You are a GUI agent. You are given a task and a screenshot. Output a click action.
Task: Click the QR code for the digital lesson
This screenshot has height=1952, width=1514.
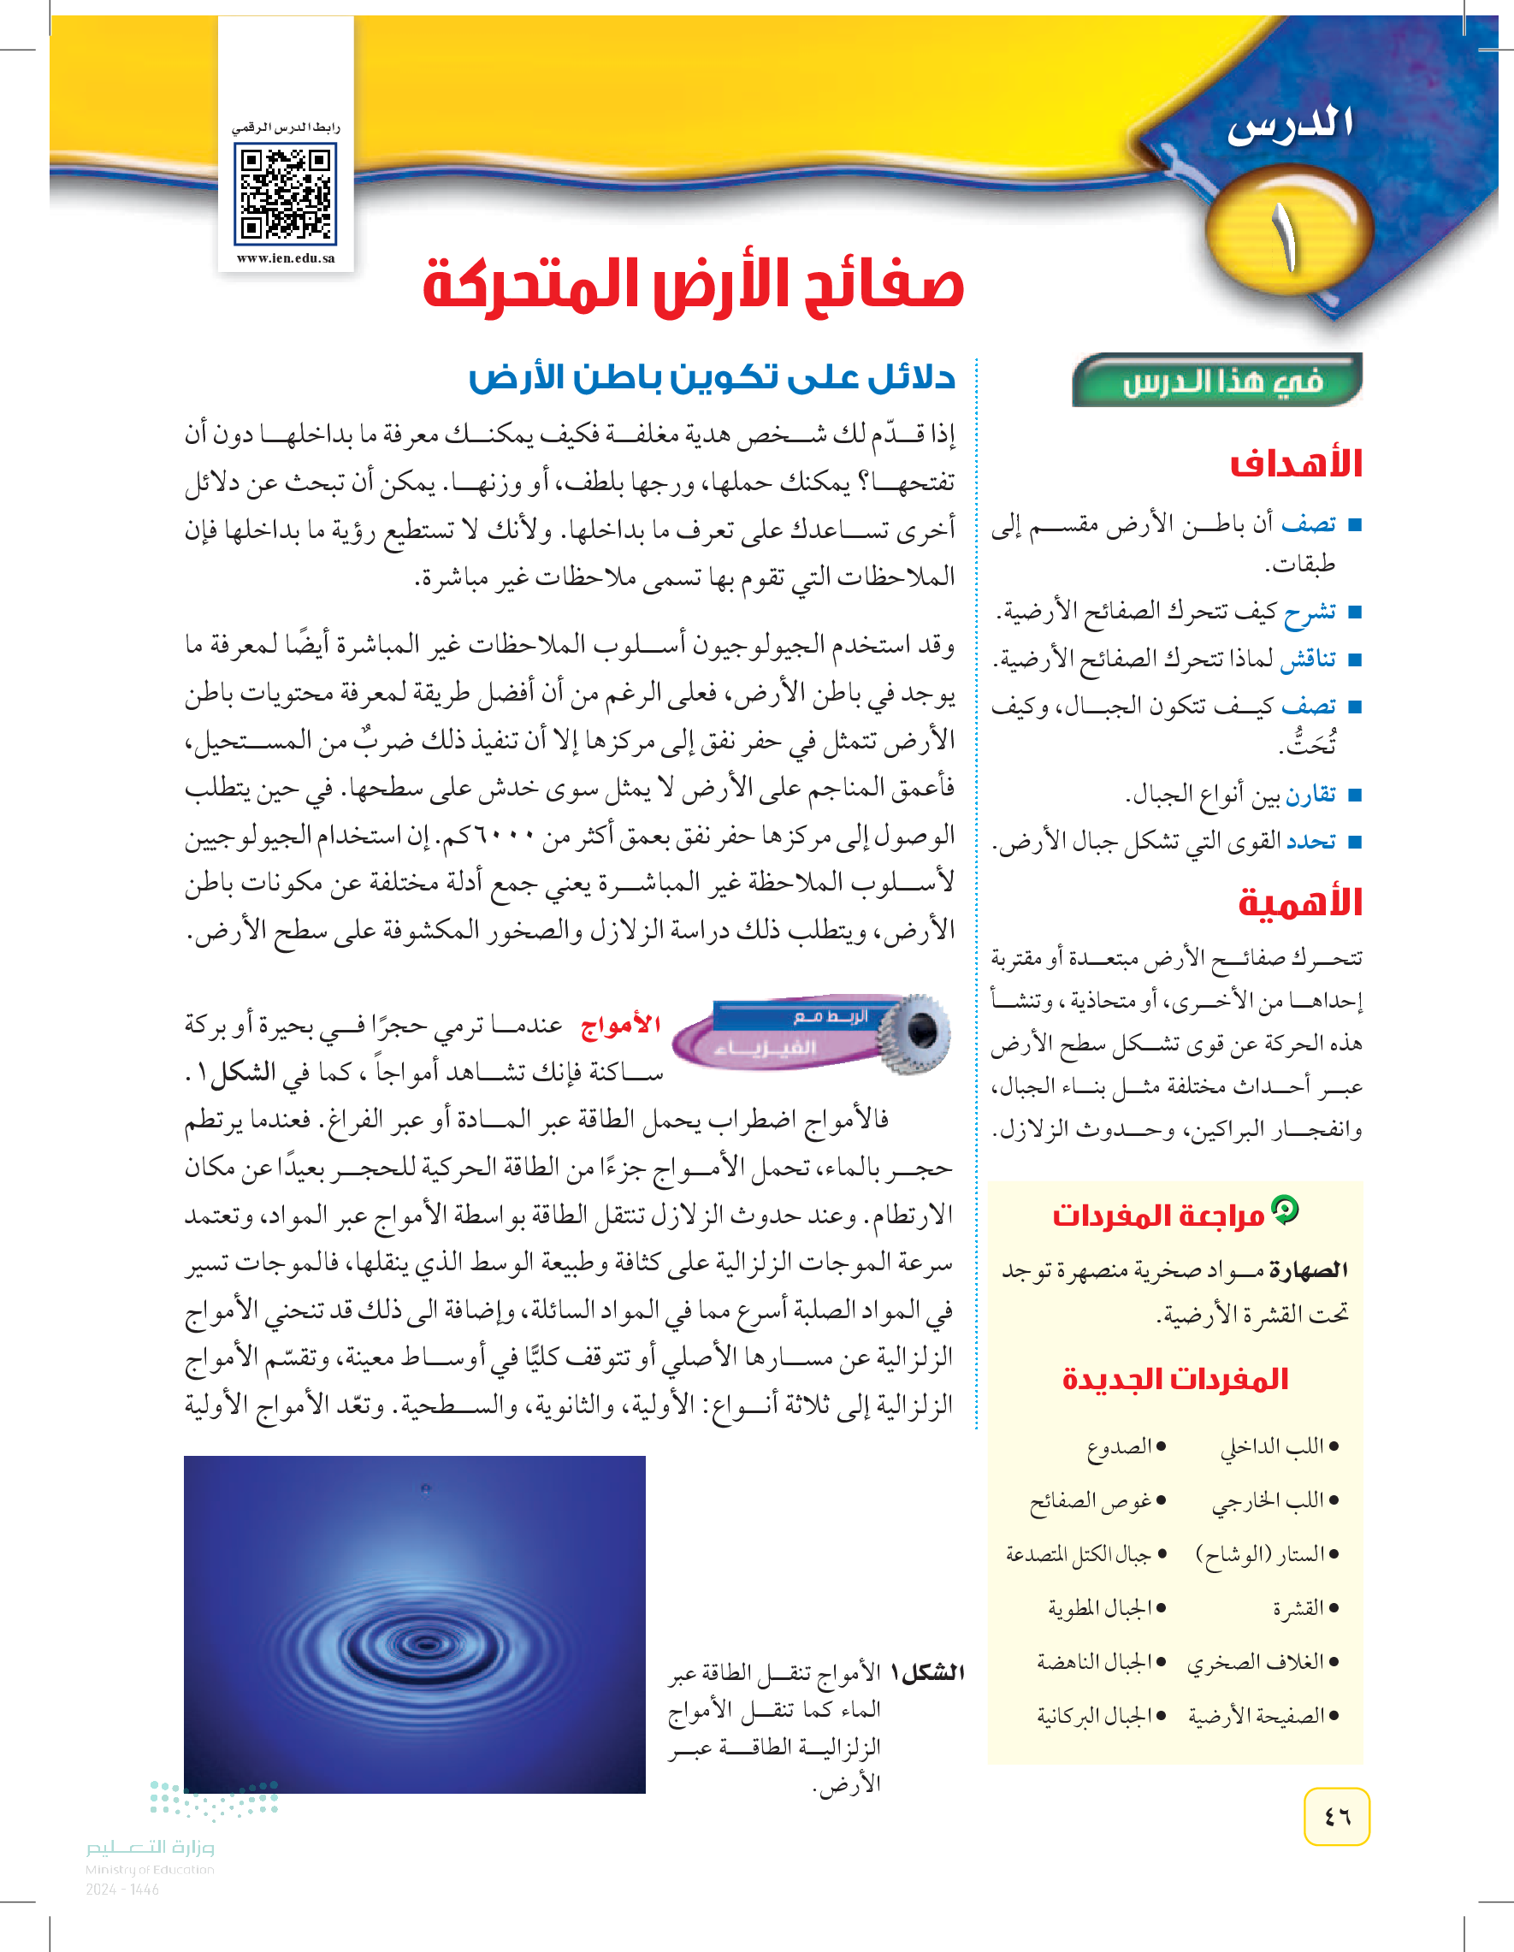point(285,196)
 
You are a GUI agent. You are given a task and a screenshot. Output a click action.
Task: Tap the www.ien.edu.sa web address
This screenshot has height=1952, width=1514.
point(285,258)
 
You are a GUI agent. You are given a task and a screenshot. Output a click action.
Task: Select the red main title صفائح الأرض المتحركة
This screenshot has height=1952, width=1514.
point(693,285)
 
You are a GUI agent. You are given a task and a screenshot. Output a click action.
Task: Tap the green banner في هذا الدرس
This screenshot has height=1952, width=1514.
point(1221,382)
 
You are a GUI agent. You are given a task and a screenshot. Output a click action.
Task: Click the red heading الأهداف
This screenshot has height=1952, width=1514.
point(1295,463)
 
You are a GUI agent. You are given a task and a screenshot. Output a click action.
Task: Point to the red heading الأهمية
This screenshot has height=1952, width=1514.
point(1298,902)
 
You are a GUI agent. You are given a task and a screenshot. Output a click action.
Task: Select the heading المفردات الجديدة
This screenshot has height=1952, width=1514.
point(1174,1379)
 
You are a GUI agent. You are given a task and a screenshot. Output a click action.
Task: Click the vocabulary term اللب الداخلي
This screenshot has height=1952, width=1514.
point(1279,1446)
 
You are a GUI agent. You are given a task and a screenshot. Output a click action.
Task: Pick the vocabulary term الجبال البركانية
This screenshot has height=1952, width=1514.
point(1101,1715)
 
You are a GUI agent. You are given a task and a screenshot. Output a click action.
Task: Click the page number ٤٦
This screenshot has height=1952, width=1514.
point(1336,1816)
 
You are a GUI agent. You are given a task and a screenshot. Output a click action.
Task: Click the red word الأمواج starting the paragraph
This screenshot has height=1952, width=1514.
point(620,1025)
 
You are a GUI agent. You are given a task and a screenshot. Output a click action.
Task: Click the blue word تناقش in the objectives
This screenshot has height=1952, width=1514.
point(1309,659)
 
